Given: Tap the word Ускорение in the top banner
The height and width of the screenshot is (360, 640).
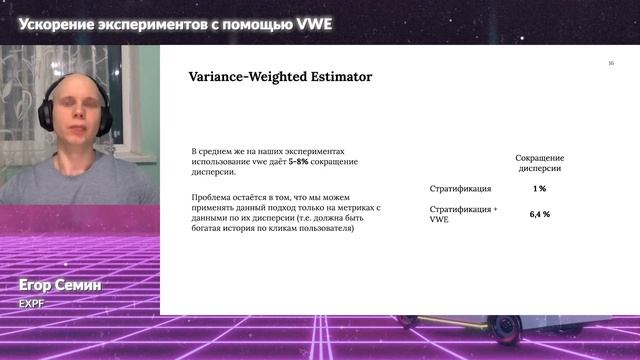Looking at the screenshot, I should (x=61, y=23).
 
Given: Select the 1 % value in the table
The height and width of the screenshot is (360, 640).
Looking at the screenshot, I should (x=539, y=188).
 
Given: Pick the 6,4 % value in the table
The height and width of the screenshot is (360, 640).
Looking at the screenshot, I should (x=539, y=214).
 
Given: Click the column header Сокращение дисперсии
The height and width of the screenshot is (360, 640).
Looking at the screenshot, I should (x=539, y=163).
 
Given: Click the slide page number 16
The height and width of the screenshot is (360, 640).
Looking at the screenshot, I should (x=611, y=64).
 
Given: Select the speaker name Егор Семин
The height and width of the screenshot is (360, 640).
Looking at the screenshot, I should (x=60, y=286).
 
